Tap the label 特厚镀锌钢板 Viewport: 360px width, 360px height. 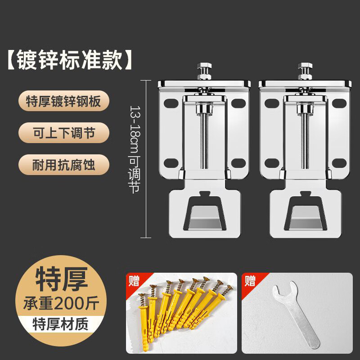[x=64, y=103]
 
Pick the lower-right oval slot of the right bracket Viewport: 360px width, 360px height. [x=339, y=163]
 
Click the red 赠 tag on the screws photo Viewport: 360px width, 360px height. [x=134, y=281]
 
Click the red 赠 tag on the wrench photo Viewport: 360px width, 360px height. [x=250, y=281]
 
